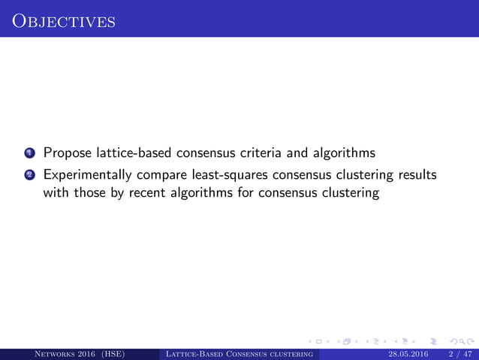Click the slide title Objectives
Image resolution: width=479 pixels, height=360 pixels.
(63, 19)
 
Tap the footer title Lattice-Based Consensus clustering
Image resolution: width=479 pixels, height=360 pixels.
(239, 352)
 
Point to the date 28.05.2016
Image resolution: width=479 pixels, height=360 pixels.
(410, 352)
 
